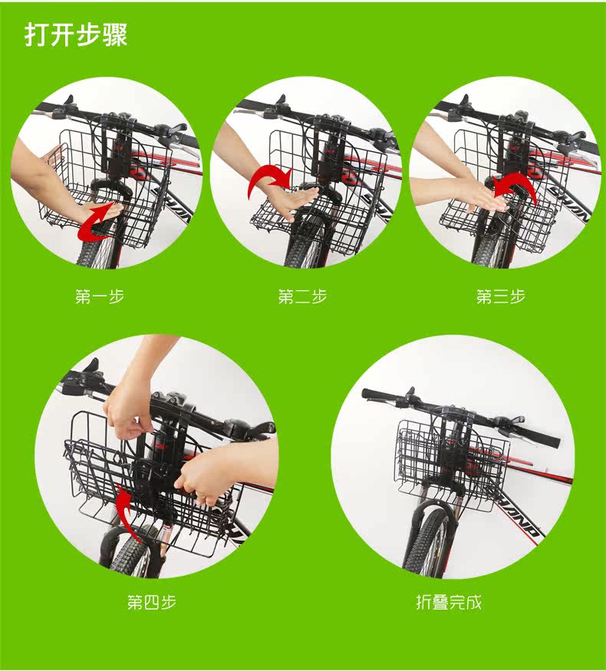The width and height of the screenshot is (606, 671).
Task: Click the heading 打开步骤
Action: point(76,35)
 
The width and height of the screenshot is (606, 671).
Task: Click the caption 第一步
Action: point(100,296)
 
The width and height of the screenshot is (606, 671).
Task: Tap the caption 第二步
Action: point(302,296)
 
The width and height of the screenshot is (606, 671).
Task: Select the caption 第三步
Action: point(501,296)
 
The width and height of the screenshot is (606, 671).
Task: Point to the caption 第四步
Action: point(152,602)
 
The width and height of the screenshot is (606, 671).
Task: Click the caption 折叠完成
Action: point(449,602)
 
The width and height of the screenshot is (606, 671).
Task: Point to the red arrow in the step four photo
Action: point(127,514)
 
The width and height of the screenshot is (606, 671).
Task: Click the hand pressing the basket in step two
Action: point(295,201)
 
